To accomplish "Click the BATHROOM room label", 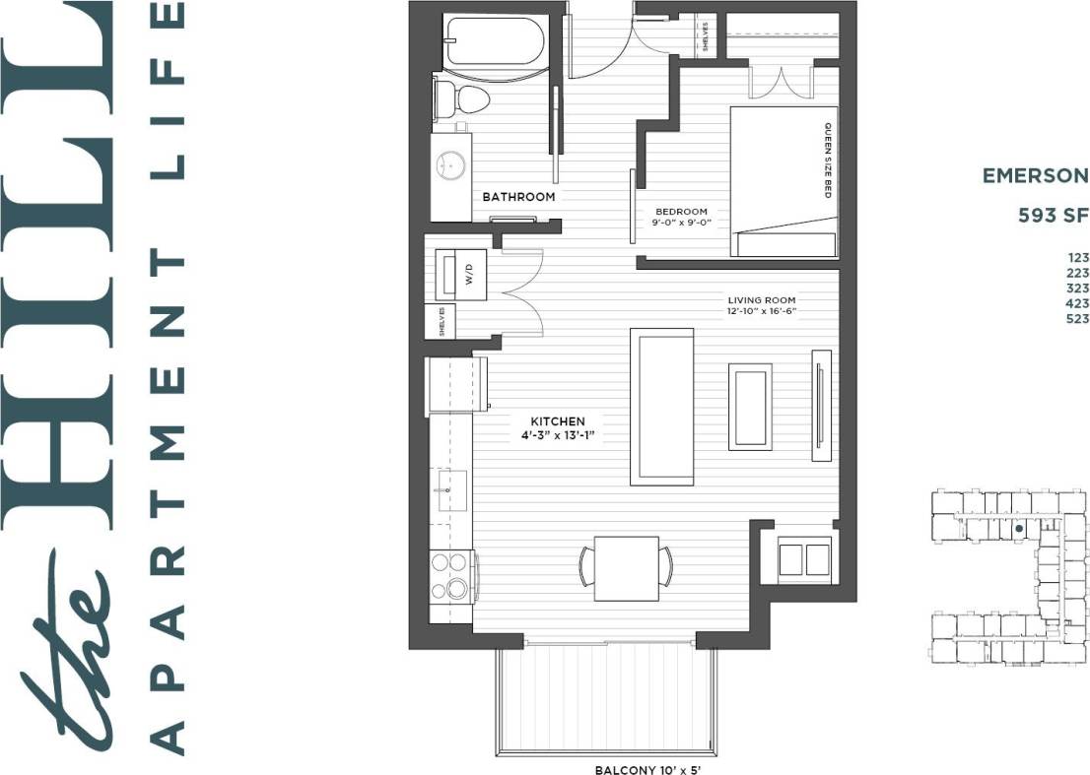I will point(518,197).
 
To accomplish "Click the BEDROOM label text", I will point(681,212).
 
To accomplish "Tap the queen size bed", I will point(783,182).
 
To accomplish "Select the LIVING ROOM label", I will point(762,300).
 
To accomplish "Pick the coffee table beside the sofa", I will point(750,407).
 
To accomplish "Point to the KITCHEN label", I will point(556,421).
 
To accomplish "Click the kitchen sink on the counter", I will point(452,489).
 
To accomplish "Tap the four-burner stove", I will point(452,575).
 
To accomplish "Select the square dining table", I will point(626,568).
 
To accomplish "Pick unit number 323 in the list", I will point(1077,289).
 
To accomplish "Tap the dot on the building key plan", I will point(1018,529).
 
